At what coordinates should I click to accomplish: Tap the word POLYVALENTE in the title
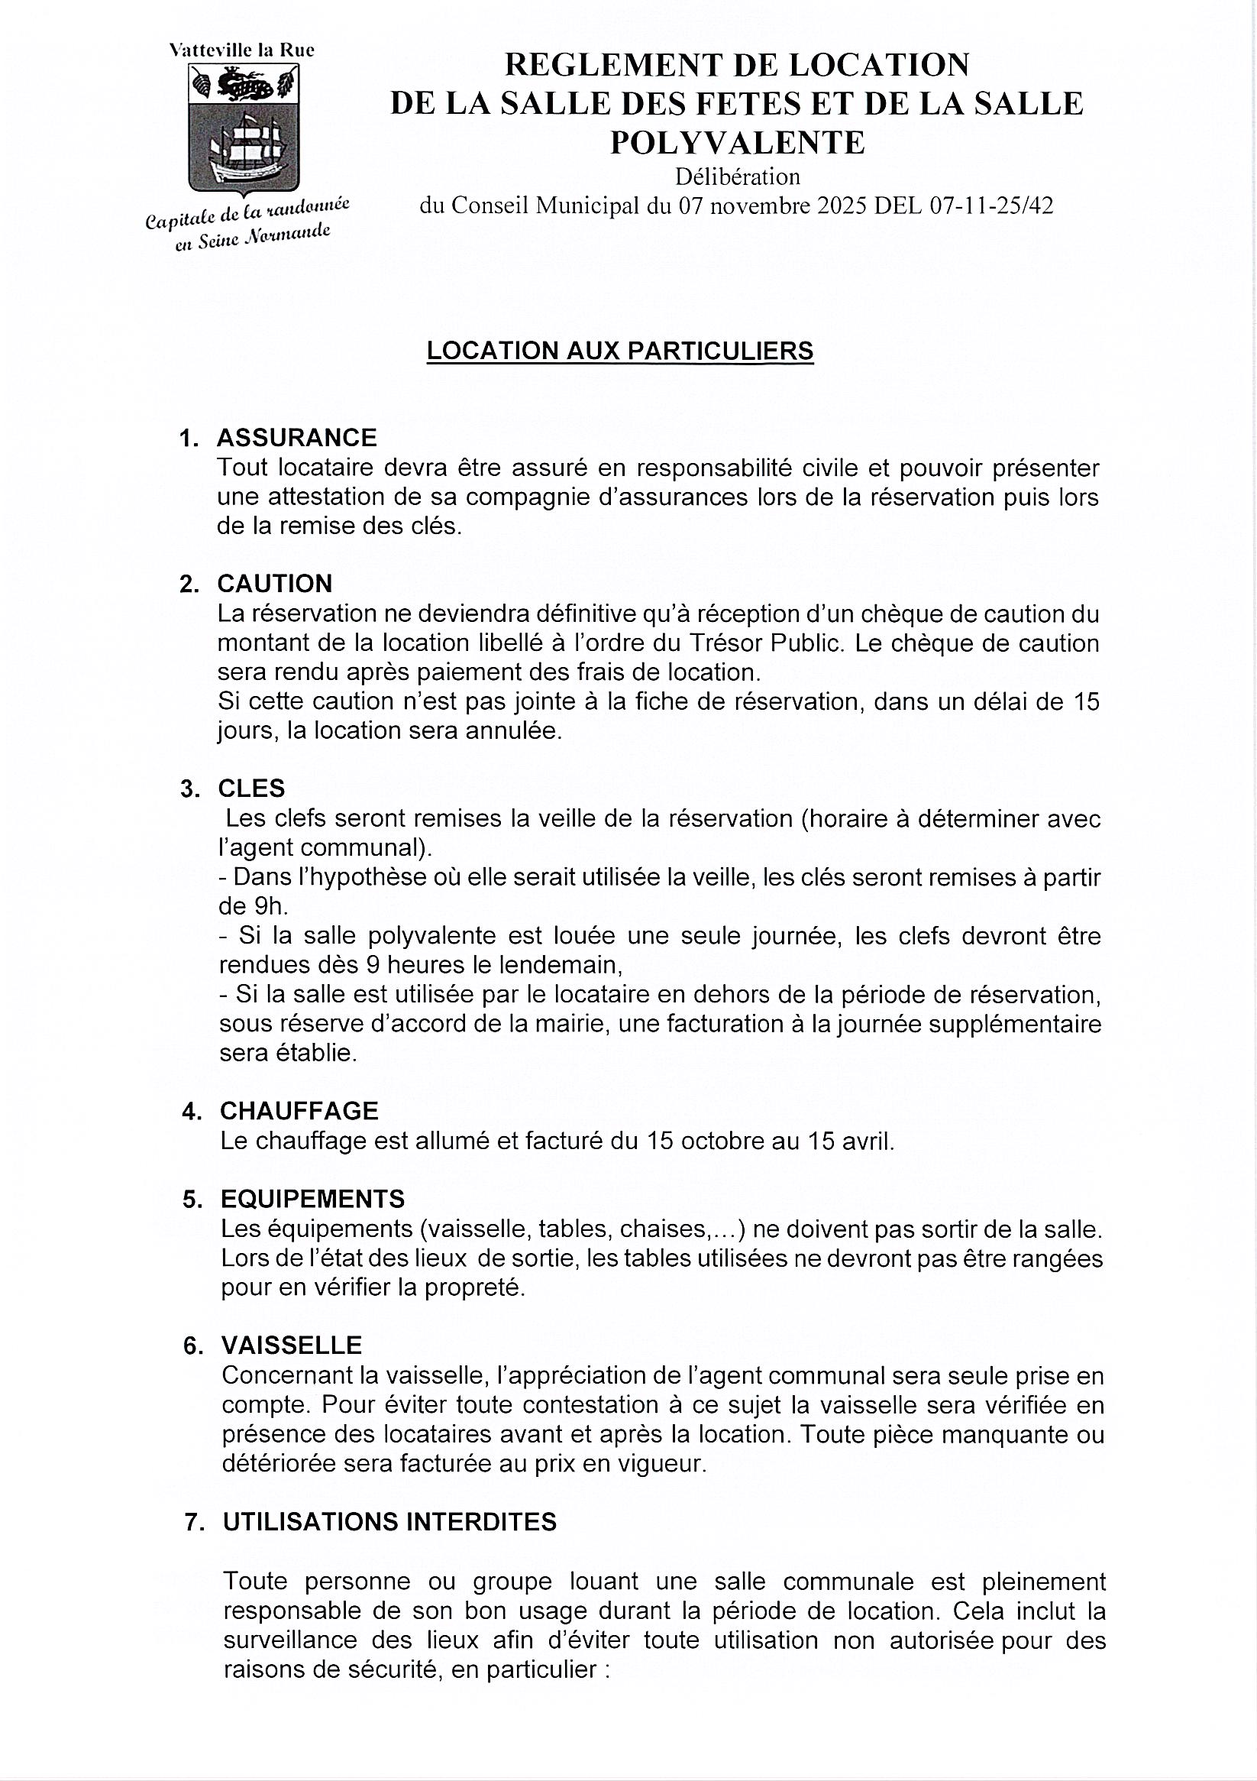pos(738,142)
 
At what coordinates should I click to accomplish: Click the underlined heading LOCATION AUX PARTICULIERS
pos(620,351)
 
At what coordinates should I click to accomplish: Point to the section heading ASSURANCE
pos(297,438)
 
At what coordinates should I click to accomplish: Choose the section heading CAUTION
pos(275,583)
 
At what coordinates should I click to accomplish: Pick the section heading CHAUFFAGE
pos(299,1111)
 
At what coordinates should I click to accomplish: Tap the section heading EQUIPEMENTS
pos(312,1200)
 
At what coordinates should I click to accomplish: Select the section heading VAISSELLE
pos(292,1345)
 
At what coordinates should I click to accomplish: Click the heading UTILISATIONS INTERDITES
pos(390,1522)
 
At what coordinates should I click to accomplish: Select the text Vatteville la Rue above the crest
pos(242,50)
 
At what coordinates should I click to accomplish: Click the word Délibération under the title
pos(738,176)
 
